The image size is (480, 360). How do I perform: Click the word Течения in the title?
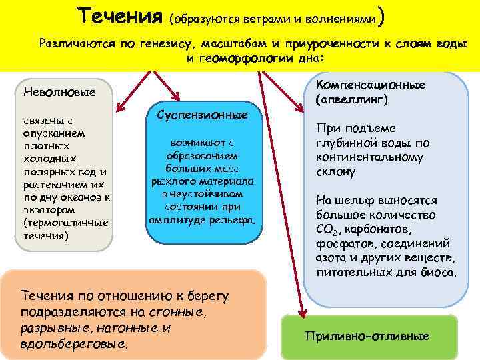[121, 15]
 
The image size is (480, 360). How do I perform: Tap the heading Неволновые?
[59, 91]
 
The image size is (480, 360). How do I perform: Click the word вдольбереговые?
[73, 344]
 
